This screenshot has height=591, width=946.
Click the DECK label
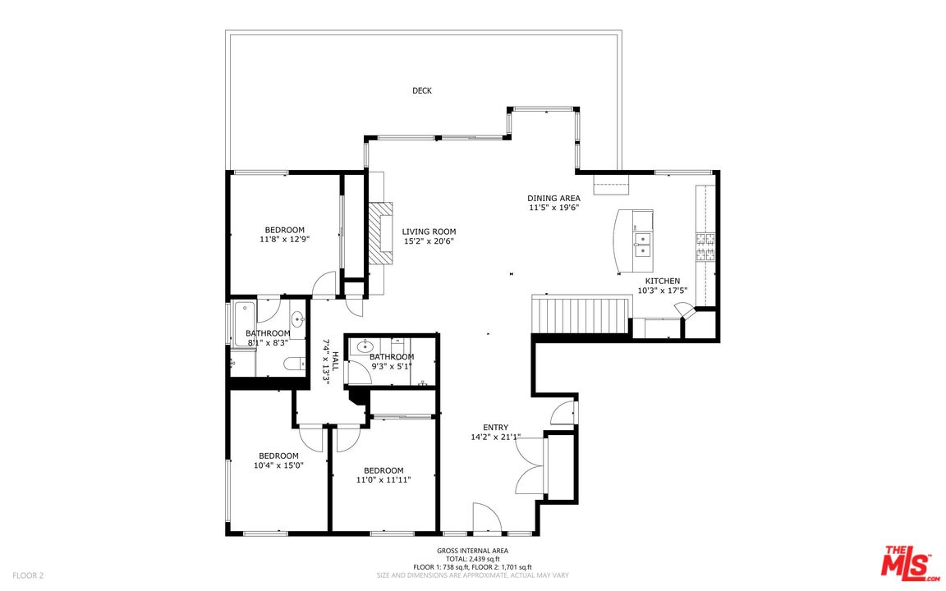tap(422, 90)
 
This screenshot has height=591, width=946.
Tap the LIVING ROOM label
tap(429, 231)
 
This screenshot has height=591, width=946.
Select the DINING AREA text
tap(553, 198)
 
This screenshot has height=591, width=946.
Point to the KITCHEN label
tap(663, 281)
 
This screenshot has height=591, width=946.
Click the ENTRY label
tap(495, 428)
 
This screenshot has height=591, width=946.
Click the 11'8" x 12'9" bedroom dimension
tap(284, 240)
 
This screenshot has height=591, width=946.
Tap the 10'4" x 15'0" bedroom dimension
tap(278, 465)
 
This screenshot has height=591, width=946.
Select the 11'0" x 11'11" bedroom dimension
tap(383, 480)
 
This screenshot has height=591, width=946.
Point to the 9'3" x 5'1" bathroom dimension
tap(392, 366)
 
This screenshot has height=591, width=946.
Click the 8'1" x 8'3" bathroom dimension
tap(268, 342)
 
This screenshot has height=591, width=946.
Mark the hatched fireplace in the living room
tap(381, 233)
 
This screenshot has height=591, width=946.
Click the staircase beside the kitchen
tap(581, 314)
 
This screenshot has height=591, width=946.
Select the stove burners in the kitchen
tap(706, 246)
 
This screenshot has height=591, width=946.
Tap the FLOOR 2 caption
tap(28, 575)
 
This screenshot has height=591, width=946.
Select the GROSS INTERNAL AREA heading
tap(472, 551)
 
